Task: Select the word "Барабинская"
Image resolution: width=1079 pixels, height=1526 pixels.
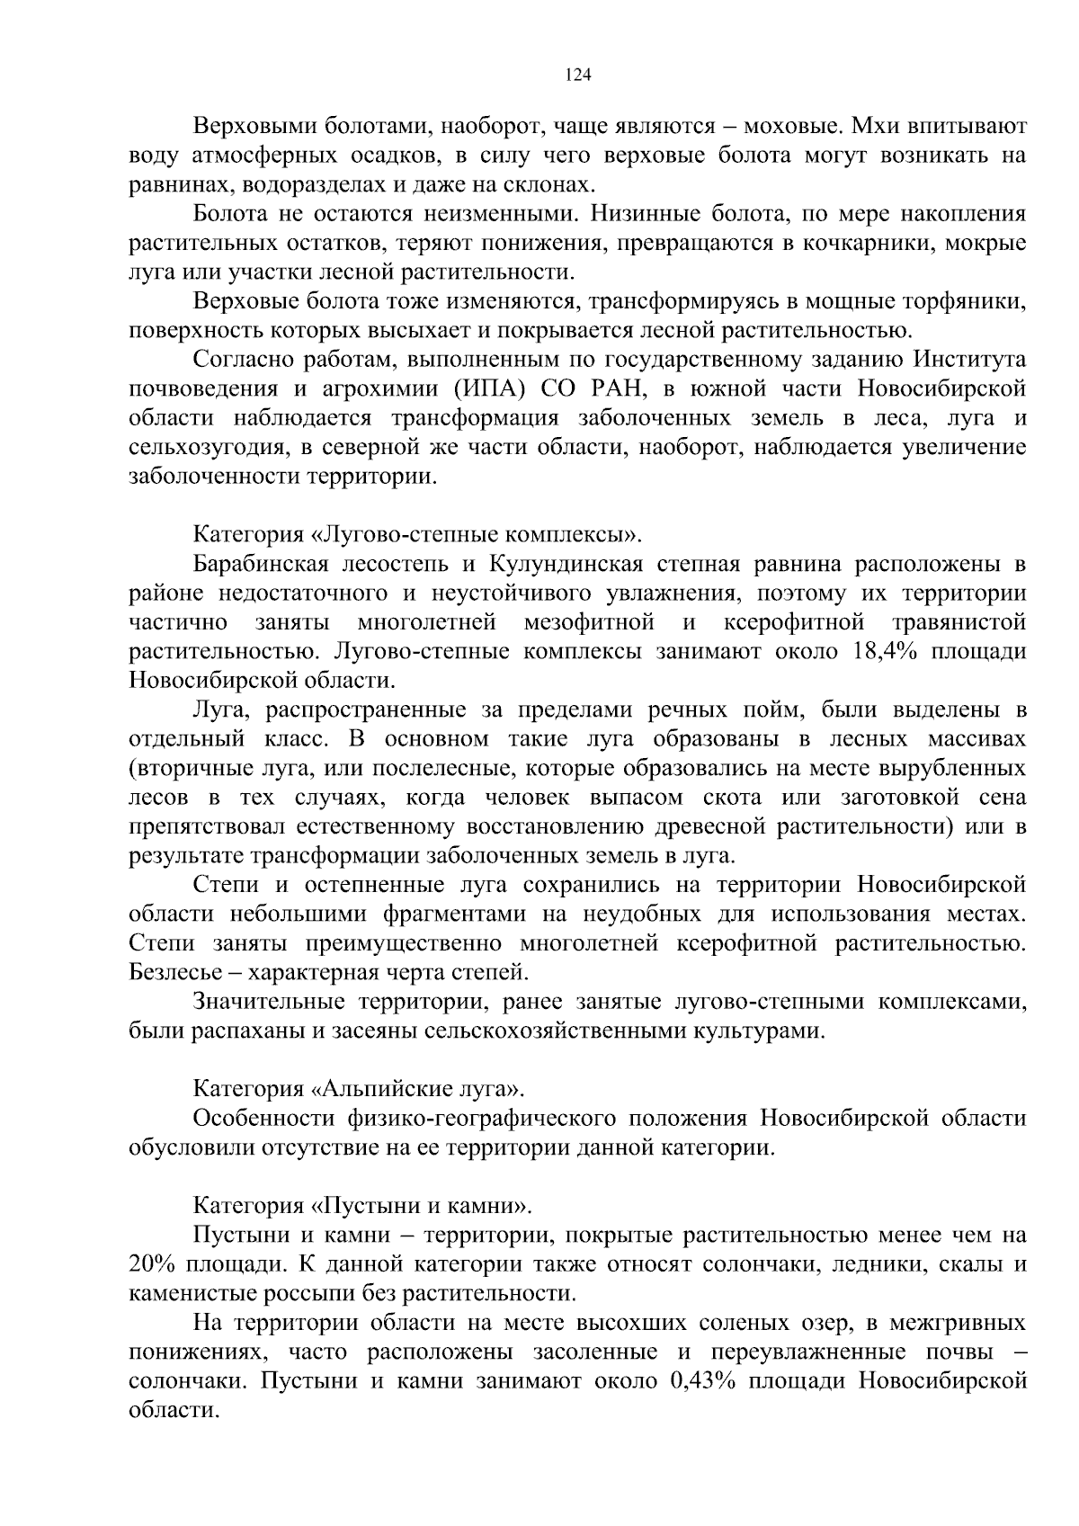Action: point(263,565)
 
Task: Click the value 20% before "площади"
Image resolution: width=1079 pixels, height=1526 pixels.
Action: point(151,1264)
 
